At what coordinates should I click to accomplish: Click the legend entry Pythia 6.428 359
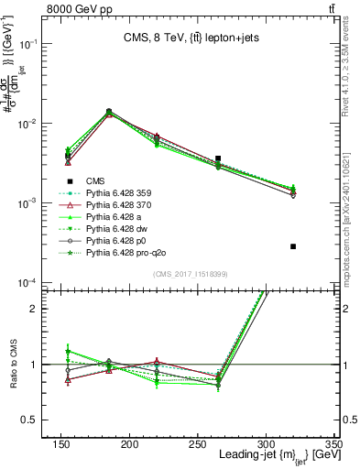coord(127,193)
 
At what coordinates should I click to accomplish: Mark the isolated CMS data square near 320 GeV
coord(293,246)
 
